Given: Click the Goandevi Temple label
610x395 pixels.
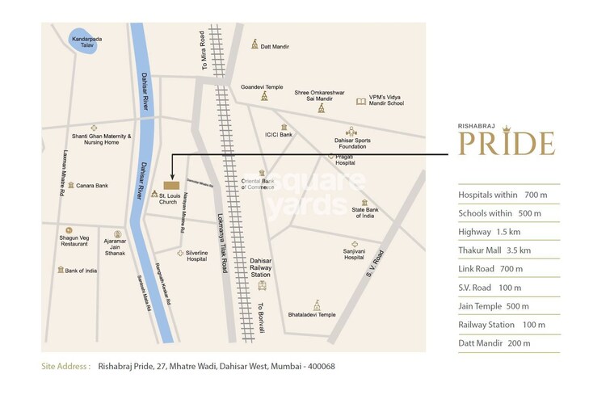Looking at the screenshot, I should pyautogui.click(x=263, y=86).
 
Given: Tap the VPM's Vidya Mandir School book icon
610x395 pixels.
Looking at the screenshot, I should pyautogui.click(x=361, y=102).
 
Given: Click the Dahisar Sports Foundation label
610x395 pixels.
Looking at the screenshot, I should pyautogui.click(x=351, y=143).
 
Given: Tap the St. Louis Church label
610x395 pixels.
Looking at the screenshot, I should pyautogui.click(x=167, y=199).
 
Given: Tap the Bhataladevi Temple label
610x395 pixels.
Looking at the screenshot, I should pyautogui.click(x=312, y=314).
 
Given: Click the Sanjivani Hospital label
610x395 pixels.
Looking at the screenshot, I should pyautogui.click(x=354, y=254).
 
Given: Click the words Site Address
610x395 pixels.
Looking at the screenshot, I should pyautogui.click(x=66, y=366).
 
